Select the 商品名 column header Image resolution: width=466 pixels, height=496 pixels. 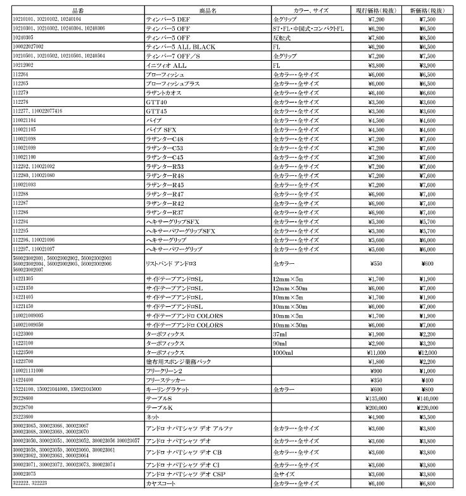[208, 11]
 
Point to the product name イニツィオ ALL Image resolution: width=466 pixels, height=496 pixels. [167, 65]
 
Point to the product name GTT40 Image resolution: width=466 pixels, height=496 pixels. [156, 102]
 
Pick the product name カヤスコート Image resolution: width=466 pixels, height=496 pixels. [161, 483]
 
